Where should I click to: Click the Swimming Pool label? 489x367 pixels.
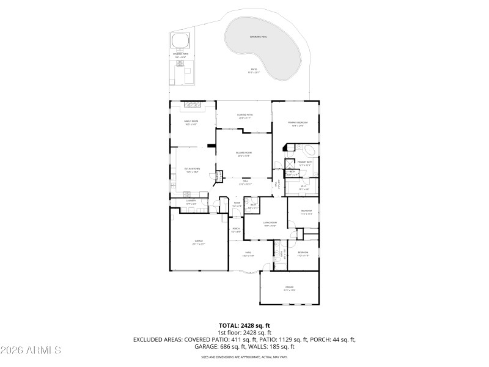point(258,37)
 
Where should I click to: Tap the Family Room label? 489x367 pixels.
point(192,122)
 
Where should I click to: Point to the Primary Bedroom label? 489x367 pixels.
point(298,124)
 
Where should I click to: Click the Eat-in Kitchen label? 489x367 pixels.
point(192,170)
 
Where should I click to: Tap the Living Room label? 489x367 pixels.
point(270,224)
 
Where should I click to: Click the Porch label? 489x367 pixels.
point(236,231)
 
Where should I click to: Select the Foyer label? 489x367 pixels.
point(237,204)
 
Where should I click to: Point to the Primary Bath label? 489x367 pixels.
point(304,163)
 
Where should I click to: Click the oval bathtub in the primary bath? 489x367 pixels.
point(309,150)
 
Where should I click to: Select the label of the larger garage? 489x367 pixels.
point(199,242)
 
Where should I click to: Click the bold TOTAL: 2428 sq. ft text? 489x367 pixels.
point(244,325)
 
